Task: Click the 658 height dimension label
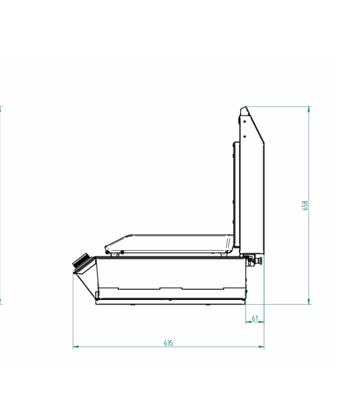coord(304,206)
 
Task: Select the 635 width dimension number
coord(169,343)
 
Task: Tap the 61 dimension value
coord(255,318)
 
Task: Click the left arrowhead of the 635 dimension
coord(76,347)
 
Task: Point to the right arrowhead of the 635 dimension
coord(261,347)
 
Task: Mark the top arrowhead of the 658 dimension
coord(309,109)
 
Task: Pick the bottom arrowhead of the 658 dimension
coord(309,302)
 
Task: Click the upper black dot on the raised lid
coord(245,121)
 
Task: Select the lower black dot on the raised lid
coord(245,136)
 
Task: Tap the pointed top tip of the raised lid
coord(246,107)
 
